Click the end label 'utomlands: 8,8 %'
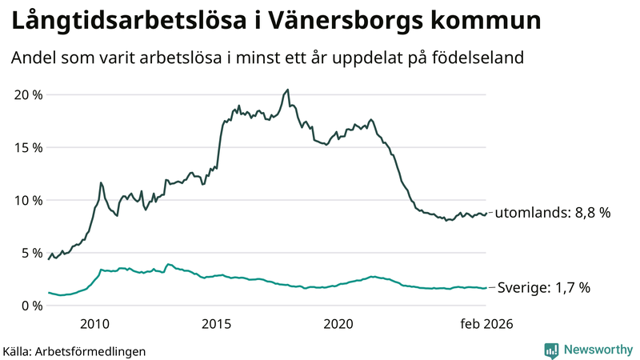click(553, 214)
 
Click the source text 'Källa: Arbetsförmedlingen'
click(74, 350)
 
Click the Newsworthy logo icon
click(551, 350)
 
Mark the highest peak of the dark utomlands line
click(288, 90)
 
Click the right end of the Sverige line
click(486, 288)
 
